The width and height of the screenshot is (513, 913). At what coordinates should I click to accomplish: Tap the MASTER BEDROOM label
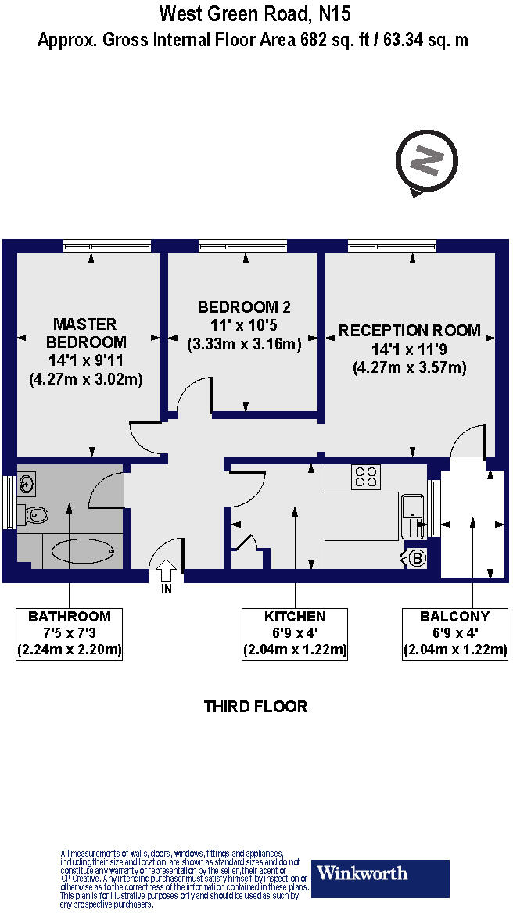click(85, 332)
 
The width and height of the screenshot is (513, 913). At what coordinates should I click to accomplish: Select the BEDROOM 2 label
click(244, 306)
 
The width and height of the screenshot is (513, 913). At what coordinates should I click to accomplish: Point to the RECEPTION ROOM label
click(409, 331)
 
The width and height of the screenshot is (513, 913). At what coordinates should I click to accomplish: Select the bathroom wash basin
click(26, 483)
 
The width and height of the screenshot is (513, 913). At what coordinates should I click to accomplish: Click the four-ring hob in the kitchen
click(366, 478)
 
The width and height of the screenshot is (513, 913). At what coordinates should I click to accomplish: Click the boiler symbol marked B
click(418, 558)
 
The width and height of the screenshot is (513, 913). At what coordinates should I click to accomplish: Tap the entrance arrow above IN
click(167, 570)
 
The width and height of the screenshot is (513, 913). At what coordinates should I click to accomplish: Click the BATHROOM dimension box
click(70, 634)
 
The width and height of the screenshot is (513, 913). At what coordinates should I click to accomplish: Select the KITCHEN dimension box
click(295, 634)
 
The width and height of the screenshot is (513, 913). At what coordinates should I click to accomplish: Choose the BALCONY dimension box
click(454, 634)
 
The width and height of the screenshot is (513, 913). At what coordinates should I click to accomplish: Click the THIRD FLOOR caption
click(256, 707)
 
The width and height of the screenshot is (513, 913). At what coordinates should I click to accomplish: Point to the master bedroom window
click(107, 246)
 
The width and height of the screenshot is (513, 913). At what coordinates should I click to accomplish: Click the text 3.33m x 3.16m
click(244, 344)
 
